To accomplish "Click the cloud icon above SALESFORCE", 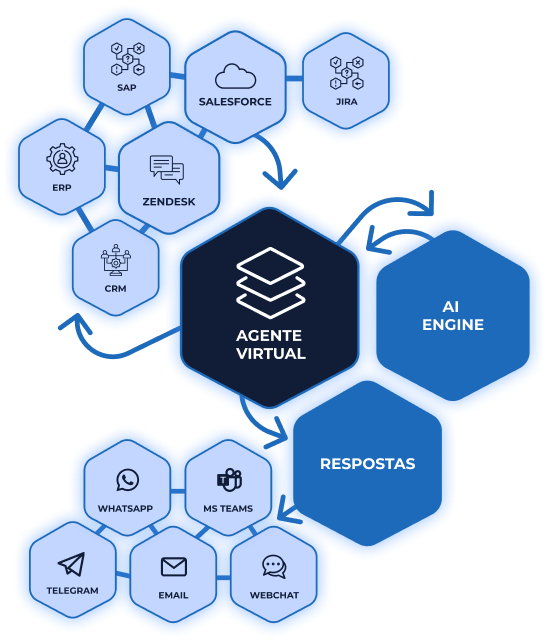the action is [x=236, y=76].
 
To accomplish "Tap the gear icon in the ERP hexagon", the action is [x=62, y=159].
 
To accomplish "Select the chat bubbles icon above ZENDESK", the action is [x=167, y=170].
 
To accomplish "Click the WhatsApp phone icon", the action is [x=127, y=480].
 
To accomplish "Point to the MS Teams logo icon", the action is [x=229, y=479].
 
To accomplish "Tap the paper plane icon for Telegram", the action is [x=71, y=564].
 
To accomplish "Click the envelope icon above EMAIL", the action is [x=174, y=567].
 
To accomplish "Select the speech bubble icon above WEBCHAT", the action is [x=274, y=567].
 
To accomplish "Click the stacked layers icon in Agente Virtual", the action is [x=270, y=283].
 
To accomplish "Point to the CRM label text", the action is [x=115, y=289].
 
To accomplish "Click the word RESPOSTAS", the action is [x=367, y=464].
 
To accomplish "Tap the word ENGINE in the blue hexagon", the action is [x=453, y=325].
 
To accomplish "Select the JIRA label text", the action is [x=346, y=102].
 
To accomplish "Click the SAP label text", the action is [x=127, y=88].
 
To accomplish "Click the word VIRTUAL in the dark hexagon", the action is [x=271, y=353].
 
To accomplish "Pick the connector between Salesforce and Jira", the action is [x=294, y=78].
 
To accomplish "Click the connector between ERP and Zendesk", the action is [x=112, y=168].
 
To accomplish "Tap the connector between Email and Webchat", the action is [x=224, y=578].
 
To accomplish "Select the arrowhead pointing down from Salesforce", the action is [x=281, y=179].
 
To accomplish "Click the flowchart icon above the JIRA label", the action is [x=346, y=73].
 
